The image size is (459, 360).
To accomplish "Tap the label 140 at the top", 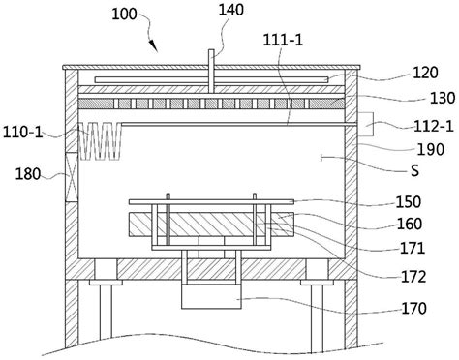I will click(x=231, y=10).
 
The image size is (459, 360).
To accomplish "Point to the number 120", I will click(x=425, y=73).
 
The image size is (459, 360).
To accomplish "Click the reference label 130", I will click(x=425, y=98).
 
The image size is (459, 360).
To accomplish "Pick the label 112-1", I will click(x=426, y=125).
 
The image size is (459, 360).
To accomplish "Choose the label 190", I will click(x=425, y=150).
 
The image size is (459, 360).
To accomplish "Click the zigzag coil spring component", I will click(x=102, y=143).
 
